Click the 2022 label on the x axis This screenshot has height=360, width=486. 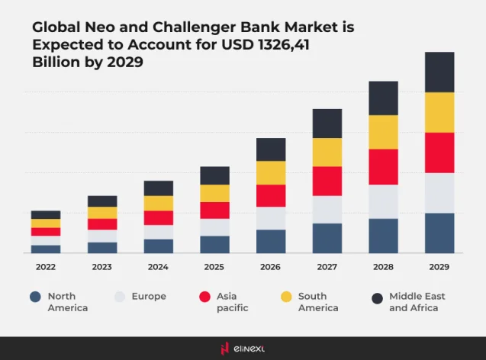[45, 267]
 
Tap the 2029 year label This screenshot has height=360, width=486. [439, 267]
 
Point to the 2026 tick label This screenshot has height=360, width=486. [270, 267]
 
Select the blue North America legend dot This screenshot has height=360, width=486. [34, 297]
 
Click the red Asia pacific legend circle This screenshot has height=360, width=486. [204, 297]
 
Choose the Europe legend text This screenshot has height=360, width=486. [149, 296]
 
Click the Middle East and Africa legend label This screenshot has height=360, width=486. [417, 301]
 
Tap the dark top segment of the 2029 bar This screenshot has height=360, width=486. [439, 72]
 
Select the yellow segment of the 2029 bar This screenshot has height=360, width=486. [439, 112]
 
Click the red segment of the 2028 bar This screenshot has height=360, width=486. [383, 166]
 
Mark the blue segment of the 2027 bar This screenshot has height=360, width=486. [327, 238]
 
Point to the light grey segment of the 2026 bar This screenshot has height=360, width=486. [271, 218]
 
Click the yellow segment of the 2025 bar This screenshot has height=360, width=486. [214, 193]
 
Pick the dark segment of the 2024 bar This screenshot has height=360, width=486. [158, 188]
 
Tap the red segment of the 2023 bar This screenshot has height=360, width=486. [102, 224]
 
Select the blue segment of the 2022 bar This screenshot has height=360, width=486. [46, 249]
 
